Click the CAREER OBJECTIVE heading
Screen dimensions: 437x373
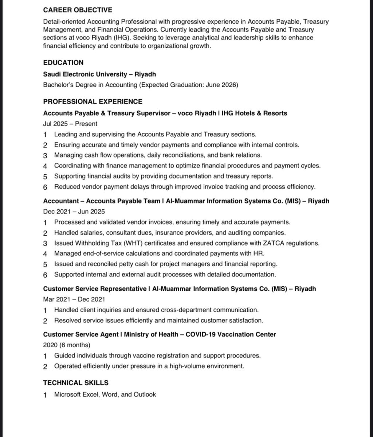(x=78, y=10)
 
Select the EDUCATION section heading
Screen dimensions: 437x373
(x=63, y=62)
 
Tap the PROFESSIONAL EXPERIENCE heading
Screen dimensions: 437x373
(x=93, y=101)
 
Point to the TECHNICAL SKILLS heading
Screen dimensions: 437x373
(x=76, y=383)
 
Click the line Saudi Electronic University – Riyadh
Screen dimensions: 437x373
(x=99, y=74)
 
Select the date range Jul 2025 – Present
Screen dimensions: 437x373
(x=70, y=124)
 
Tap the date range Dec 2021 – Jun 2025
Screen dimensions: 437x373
(x=74, y=211)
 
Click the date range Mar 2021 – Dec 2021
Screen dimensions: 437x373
(x=74, y=299)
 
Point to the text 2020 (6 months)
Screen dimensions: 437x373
(x=67, y=345)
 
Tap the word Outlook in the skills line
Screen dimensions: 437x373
(x=145, y=394)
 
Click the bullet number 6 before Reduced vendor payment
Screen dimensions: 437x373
(x=45, y=187)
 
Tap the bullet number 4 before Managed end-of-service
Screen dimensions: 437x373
(x=45, y=254)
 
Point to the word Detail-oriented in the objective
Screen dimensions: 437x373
(x=64, y=22)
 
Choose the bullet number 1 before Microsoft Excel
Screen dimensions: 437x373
(x=45, y=395)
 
